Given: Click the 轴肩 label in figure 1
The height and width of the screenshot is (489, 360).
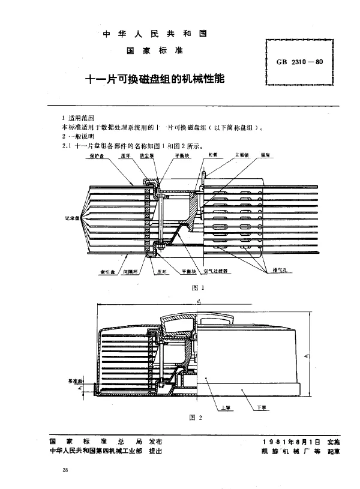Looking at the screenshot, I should (265, 154).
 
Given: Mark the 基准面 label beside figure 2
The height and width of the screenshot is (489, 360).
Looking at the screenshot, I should (76, 380).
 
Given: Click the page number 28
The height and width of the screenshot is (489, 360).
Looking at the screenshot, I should (64, 470).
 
